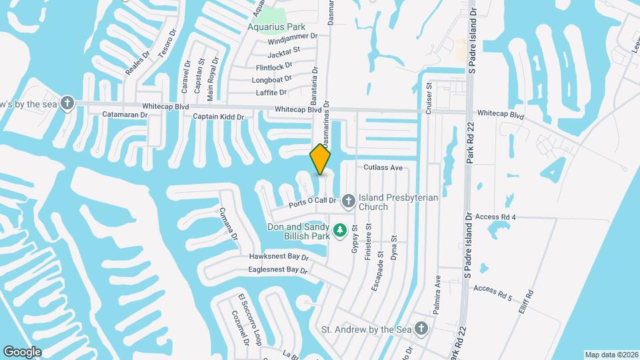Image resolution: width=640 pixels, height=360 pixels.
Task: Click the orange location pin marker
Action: [x=321, y=159]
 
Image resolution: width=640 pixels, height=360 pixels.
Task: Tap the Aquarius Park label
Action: [x=276, y=27]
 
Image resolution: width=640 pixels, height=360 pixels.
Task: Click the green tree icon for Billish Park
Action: [x=340, y=230]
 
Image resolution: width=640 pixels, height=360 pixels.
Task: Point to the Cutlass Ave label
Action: [x=383, y=168]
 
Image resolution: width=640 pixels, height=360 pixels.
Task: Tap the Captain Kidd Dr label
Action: [x=219, y=117]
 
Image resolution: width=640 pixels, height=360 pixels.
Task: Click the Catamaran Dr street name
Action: [x=125, y=115]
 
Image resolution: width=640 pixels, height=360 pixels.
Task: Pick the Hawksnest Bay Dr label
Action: [x=279, y=257]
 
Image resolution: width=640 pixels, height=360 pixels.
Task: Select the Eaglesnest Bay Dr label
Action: [x=277, y=271]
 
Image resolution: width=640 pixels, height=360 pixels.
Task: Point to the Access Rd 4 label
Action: [x=496, y=217]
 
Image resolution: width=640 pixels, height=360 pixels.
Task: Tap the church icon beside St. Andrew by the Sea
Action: [x=421, y=327]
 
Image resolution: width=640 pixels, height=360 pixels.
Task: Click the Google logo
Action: [x=22, y=352]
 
